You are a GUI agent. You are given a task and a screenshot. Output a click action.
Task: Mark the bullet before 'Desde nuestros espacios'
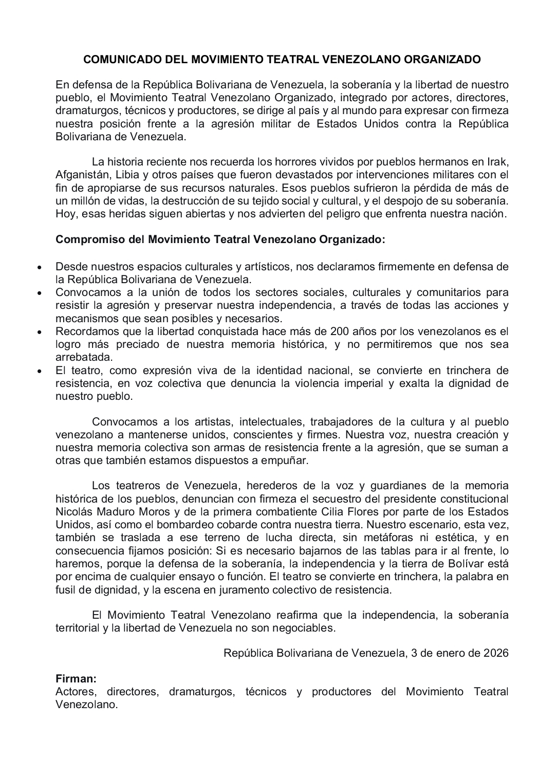tap(39, 268)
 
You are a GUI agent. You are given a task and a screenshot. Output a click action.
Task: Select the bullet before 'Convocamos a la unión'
tap(39, 293)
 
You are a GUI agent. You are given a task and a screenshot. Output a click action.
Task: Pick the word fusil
tap(67, 589)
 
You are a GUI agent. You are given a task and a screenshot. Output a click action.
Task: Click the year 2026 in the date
tap(496, 653)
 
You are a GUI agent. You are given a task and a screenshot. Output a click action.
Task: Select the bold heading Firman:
tap(76, 679)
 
